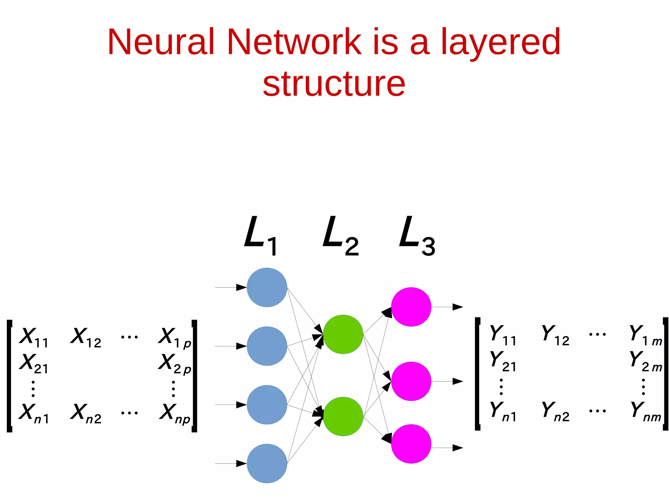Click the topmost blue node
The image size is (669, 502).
(x=267, y=287)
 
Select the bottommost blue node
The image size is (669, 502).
(x=267, y=463)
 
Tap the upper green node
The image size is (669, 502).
(x=343, y=334)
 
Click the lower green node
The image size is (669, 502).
(x=343, y=416)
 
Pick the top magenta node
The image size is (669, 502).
(x=411, y=307)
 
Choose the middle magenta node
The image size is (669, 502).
(x=411, y=381)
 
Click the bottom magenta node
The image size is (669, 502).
(x=411, y=444)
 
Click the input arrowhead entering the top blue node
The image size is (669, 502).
(x=241, y=287)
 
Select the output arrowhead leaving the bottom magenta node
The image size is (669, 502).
(x=457, y=448)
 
